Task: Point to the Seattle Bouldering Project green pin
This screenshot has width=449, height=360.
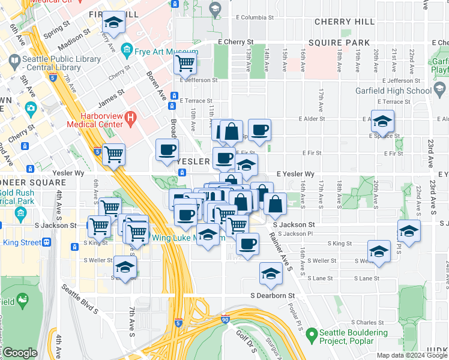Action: click(311, 334)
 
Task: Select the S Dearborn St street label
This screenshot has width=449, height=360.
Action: click(273, 296)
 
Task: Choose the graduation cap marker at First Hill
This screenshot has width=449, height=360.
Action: click(113, 23)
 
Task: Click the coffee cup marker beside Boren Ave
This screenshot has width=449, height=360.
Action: click(167, 149)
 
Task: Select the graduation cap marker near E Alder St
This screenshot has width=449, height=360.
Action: click(382, 122)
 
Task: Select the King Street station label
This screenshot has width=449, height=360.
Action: click(22, 242)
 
